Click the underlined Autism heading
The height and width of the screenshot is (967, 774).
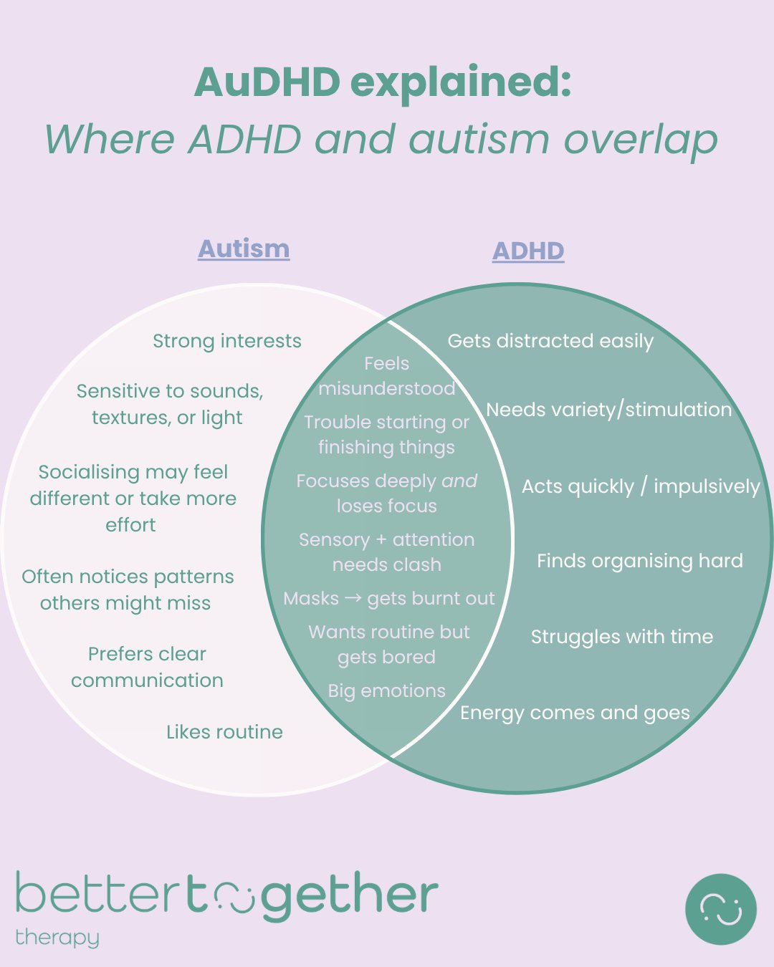244,249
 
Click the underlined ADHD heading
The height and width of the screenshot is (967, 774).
528,251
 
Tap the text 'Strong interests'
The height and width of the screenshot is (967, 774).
227,341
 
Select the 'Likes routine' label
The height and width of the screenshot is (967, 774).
224,732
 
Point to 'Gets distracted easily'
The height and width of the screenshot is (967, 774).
550,341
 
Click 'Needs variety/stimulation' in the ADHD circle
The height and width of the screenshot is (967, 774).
608,410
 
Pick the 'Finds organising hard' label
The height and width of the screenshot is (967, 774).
639,561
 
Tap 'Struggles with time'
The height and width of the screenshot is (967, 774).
621,637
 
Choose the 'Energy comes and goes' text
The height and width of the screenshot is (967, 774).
575,713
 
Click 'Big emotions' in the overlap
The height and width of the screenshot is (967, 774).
386,691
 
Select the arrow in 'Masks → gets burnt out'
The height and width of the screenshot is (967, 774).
353,598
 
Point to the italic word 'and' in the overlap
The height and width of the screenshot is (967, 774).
459,481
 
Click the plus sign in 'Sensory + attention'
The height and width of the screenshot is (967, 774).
382,540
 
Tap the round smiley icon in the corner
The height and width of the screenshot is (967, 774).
720,909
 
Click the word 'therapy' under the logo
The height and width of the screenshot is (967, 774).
57,938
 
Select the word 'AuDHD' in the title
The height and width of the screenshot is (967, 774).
267,82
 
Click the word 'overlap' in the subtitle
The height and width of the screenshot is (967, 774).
640,139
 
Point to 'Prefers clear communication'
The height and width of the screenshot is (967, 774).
147,667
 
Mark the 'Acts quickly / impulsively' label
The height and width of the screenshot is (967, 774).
640,486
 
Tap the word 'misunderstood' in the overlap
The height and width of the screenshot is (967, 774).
386,388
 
